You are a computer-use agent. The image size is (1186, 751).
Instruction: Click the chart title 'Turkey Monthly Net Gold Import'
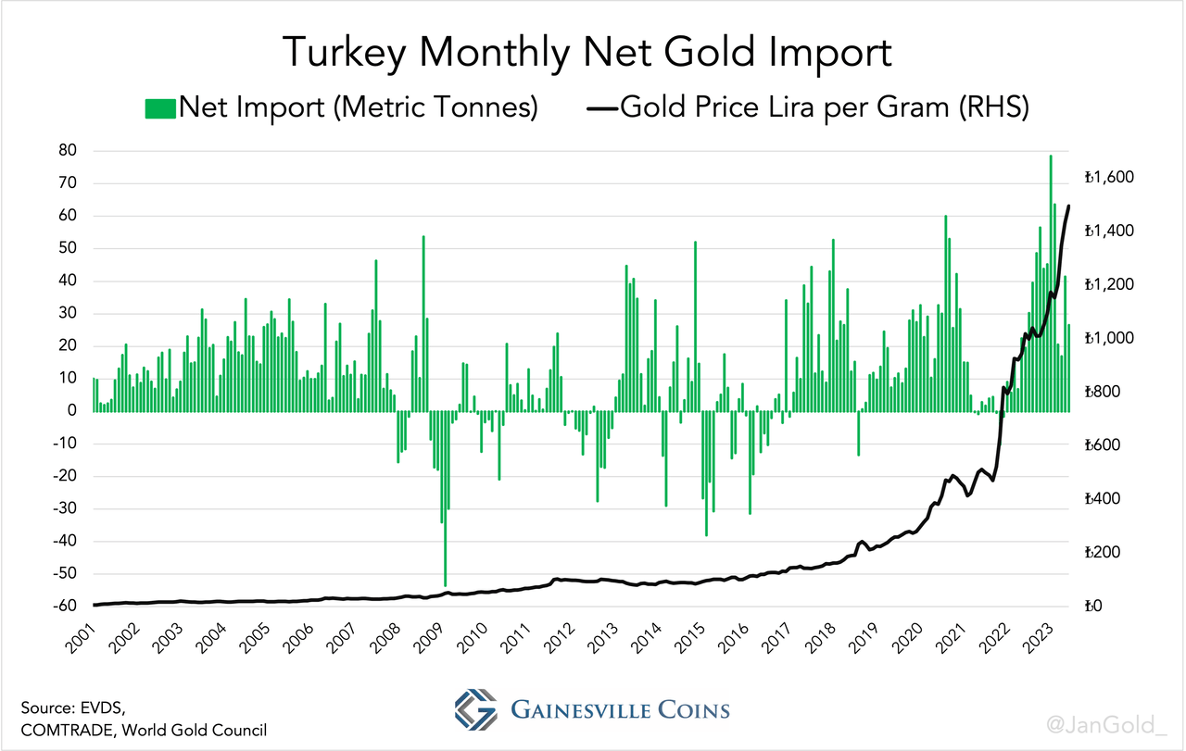click(587, 52)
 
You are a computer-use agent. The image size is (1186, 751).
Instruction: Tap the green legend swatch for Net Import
click(159, 108)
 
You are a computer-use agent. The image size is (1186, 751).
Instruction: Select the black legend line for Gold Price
click(601, 108)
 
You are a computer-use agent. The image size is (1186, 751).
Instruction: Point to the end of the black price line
click(1069, 206)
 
